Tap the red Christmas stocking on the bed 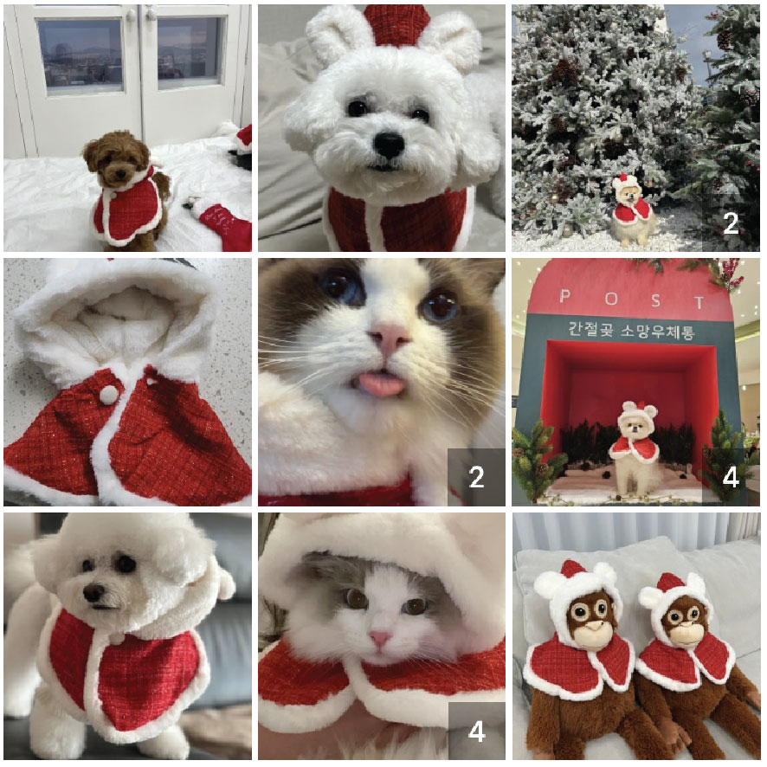coord(223,224)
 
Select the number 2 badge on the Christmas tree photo coord(731,223)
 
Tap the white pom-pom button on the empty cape coord(108,394)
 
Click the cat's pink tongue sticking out coord(383,383)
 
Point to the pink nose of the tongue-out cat coord(389,338)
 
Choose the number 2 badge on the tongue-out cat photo coord(476,477)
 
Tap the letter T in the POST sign coord(699,302)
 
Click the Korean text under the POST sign coord(631,330)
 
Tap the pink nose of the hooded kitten coord(380,638)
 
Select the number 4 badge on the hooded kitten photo coord(476,732)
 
